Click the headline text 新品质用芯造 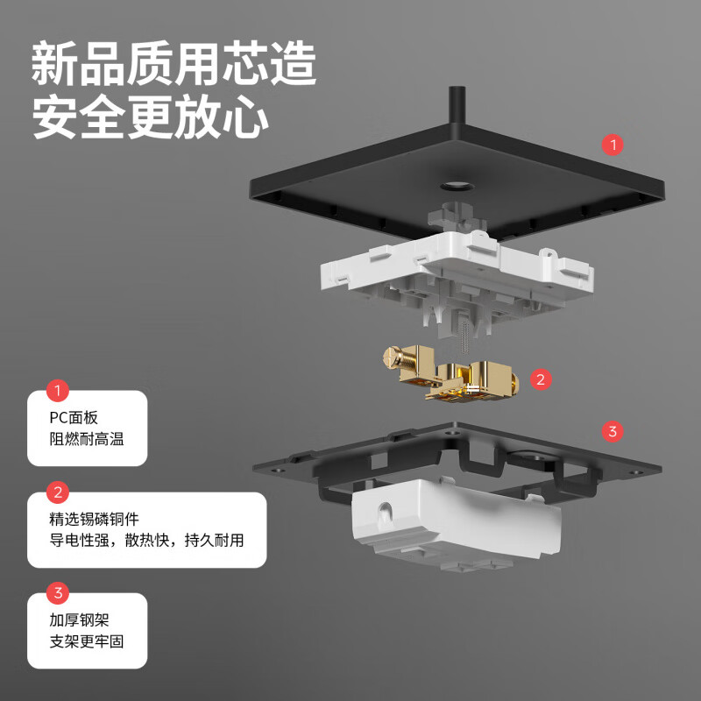pyautogui.click(x=173, y=64)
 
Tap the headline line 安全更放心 pyautogui.click(x=150, y=117)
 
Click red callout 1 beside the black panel pyautogui.click(x=612, y=144)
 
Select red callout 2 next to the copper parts pyautogui.click(x=540, y=379)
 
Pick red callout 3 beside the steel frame pyautogui.click(x=612, y=430)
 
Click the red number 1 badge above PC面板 pyautogui.click(x=58, y=391)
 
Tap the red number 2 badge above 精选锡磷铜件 pyautogui.click(x=58, y=492)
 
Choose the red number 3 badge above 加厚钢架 pyautogui.click(x=58, y=593)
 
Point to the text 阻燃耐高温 pyautogui.click(x=87, y=439)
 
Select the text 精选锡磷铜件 pyautogui.click(x=95, y=520)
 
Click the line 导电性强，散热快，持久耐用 pyautogui.click(x=146, y=541)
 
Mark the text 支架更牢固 pyautogui.click(x=87, y=641)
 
